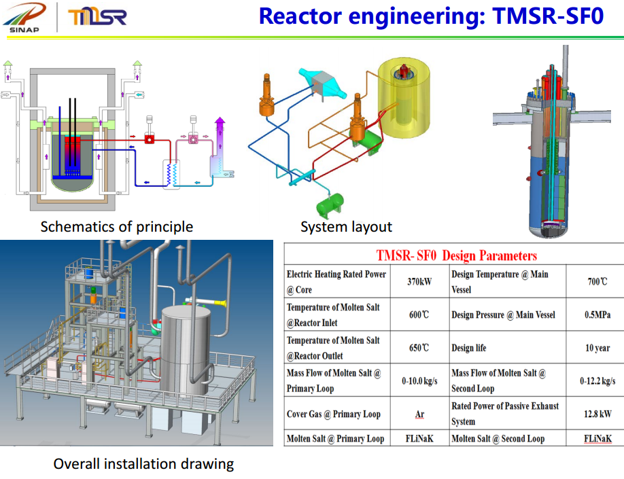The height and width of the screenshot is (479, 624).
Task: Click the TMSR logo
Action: [x=97, y=16]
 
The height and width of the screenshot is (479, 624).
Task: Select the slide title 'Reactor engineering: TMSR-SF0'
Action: [x=431, y=16]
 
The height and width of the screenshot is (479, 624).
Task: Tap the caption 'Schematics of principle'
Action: [x=116, y=226]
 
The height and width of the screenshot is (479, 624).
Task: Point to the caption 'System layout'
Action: [x=346, y=226]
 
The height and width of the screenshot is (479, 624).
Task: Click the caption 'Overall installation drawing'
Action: [x=143, y=464]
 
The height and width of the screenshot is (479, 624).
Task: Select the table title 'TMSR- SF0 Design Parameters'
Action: [x=456, y=255]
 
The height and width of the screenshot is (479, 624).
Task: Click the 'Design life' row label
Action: [x=469, y=348]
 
